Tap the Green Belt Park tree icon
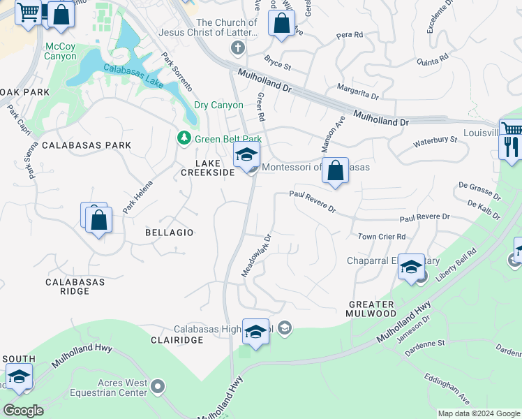pyautogui.click(x=184, y=138)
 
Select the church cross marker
pyautogui.click(x=238, y=47)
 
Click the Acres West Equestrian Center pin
pyautogui.click(x=158, y=385)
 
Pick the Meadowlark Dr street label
pyautogui.click(x=255, y=256)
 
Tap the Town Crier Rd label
pyautogui.click(x=382, y=237)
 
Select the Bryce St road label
pyautogui.click(x=278, y=64)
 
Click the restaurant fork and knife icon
pyautogui.click(x=512, y=147)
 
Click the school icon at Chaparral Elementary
pyautogui.click(x=412, y=267)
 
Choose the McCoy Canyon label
pyautogui.click(x=61, y=51)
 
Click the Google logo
pyautogui.click(x=23, y=411)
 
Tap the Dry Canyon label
pyautogui.click(x=218, y=105)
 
